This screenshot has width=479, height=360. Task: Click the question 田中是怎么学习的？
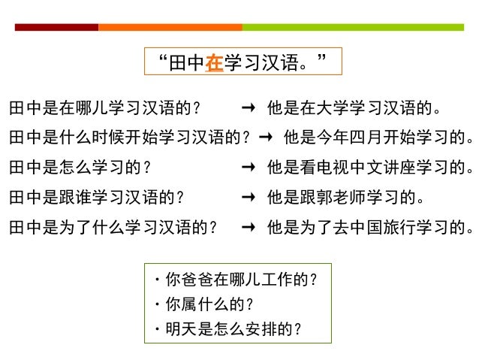pos(80,168)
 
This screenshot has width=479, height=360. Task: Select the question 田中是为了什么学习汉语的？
pos(113,226)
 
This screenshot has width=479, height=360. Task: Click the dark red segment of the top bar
pos(56,27)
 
